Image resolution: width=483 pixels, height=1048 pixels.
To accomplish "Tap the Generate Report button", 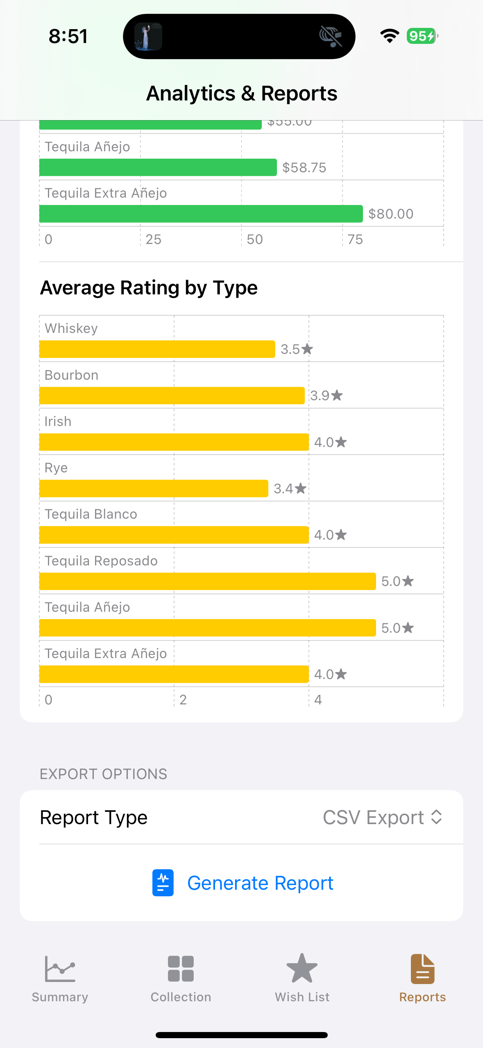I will (x=243, y=883).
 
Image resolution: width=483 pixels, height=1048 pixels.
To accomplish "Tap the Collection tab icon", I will (x=181, y=969).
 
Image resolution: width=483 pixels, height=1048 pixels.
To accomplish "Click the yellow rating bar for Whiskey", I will (x=157, y=349).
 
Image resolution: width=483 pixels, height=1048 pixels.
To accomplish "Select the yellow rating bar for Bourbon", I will (x=172, y=396).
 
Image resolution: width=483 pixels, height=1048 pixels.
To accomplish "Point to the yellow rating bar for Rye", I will (x=154, y=489).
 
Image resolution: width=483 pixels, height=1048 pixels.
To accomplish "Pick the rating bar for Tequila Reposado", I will (x=207, y=581).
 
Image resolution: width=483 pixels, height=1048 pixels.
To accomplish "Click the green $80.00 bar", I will (x=201, y=214).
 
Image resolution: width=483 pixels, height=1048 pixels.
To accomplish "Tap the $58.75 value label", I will (x=304, y=168).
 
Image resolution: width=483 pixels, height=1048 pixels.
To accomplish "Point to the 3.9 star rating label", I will (x=326, y=396).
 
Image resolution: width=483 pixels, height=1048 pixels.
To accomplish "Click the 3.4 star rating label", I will (x=290, y=489).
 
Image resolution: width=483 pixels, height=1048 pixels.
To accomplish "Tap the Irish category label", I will (x=58, y=421).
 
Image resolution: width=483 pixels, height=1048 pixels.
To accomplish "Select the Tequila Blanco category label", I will (x=91, y=514).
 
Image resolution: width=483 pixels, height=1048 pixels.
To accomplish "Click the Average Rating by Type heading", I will (x=149, y=288).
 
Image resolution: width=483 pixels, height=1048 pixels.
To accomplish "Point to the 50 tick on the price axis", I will (x=254, y=239).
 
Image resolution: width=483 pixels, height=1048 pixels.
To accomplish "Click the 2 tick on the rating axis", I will (x=183, y=700).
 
